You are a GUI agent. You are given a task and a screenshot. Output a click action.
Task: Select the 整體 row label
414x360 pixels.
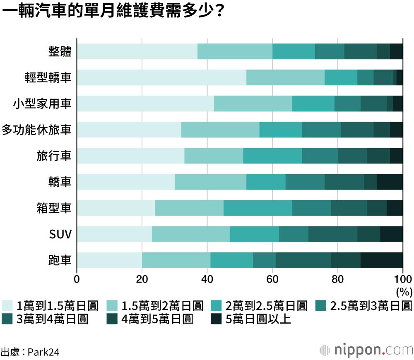[60, 51]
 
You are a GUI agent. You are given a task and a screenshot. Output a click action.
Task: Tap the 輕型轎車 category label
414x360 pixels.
[48, 77]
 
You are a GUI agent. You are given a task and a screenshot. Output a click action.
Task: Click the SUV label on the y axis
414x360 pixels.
[60, 235]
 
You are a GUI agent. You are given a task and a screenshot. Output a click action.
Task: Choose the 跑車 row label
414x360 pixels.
[60, 260]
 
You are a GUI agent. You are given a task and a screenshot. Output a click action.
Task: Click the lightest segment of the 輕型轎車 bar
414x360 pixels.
[161, 77]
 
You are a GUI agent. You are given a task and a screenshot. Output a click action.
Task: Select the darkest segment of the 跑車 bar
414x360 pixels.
[381, 260]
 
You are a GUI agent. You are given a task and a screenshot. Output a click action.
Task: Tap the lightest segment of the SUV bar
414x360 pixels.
[114, 234]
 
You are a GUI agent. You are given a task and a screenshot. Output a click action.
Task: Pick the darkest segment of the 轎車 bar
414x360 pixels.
[390, 182]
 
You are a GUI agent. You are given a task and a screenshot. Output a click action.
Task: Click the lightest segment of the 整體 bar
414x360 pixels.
[137, 51]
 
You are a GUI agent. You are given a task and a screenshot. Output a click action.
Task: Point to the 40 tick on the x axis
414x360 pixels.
[207, 278]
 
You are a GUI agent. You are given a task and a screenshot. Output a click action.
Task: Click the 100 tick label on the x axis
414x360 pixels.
[402, 278]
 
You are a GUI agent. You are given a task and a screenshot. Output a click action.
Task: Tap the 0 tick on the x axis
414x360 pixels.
[77, 278]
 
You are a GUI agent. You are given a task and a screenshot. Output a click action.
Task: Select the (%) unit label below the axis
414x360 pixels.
[404, 291]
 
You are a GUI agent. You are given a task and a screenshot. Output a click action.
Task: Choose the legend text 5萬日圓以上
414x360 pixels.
[258, 319]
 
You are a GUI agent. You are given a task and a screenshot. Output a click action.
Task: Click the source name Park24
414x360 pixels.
[45, 352]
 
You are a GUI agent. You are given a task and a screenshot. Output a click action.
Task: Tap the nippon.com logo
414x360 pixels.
[366, 350]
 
